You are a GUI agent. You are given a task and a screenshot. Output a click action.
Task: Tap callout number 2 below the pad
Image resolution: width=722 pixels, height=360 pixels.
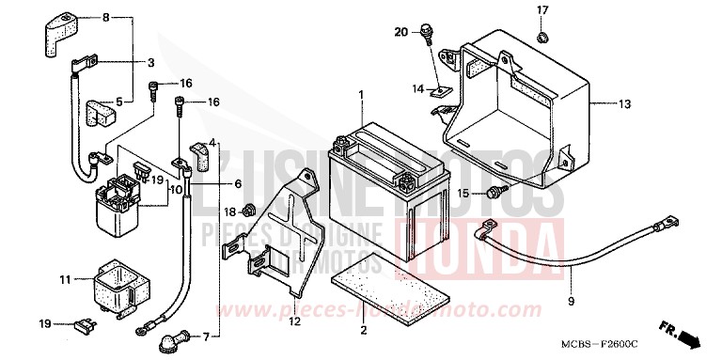[x=363, y=329]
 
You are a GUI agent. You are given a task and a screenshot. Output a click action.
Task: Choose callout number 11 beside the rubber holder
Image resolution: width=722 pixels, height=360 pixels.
[x=66, y=279]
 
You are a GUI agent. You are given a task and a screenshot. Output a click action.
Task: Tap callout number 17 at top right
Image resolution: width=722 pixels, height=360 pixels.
[x=541, y=10]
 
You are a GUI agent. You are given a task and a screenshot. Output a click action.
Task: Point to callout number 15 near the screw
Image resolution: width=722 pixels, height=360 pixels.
[x=463, y=193]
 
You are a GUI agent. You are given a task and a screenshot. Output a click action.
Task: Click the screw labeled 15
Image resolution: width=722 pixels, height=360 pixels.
[x=494, y=193]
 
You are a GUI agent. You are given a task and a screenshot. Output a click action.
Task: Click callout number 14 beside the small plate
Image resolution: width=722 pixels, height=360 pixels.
[x=419, y=88]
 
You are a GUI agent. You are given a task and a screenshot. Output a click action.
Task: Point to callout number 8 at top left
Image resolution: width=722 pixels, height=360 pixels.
[x=105, y=18]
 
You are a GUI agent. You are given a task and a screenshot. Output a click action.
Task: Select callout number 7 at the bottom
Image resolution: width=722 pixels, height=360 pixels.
[x=221, y=336]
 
